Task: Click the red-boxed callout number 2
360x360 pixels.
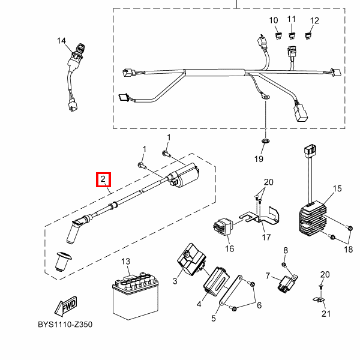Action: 103,179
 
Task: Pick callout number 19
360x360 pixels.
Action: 259,159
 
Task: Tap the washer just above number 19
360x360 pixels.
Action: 265,140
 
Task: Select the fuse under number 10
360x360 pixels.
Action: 278,37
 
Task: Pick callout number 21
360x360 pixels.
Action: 326,313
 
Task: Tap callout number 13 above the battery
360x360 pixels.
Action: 125,262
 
